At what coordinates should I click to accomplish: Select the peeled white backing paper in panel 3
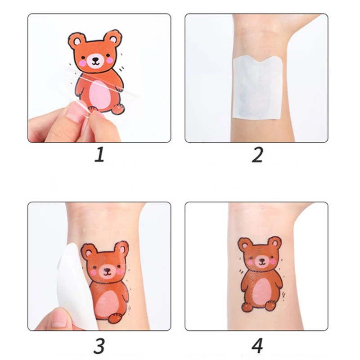(x=72, y=283)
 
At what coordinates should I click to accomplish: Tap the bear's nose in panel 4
(x=260, y=260)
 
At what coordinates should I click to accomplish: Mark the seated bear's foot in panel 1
(x=118, y=108)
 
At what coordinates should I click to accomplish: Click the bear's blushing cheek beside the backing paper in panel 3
(x=94, y=272)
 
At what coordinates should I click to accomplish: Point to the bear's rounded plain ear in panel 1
(x=113, y=39)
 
